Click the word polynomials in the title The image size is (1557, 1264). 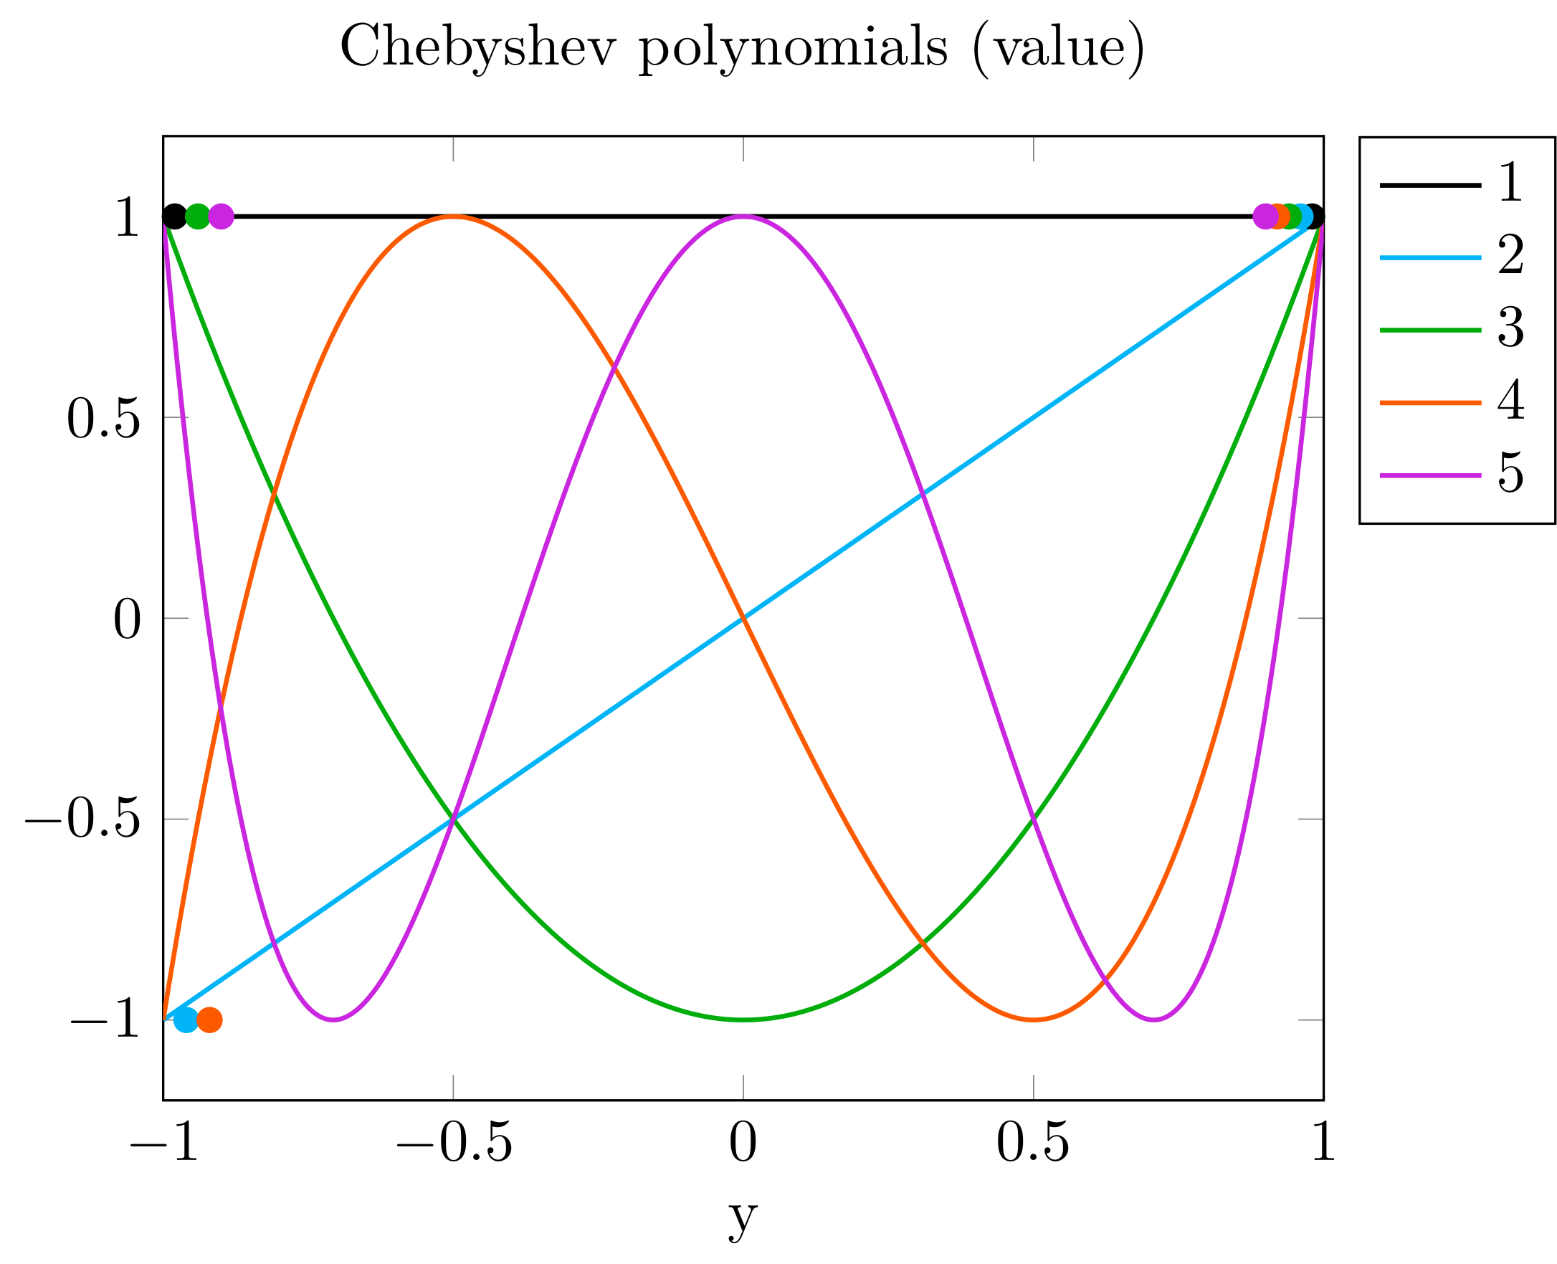click(x=794, y=48)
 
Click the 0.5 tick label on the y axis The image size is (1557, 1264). click(x=103, y=420)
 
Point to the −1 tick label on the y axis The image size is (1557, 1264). click(x=105, y=1020)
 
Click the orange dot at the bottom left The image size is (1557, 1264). click(x=209, y=1020)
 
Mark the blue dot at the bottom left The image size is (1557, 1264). click(x=186, y=1020)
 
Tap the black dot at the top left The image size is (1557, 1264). click(x=175, y=217)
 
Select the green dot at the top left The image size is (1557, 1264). click(x=198, y=217)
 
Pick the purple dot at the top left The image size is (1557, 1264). click(x=221, y=217)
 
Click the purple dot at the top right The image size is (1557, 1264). click(x=1265, y=217)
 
